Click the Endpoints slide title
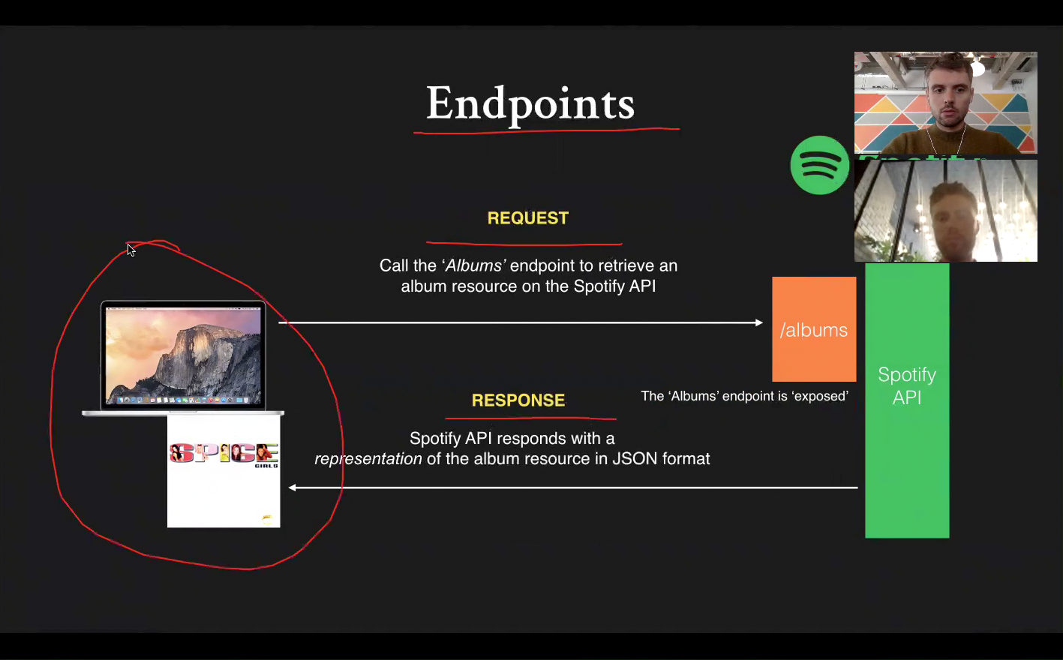click(530, 103)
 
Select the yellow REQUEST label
click(527, 218)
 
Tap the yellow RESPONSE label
click(518, 400)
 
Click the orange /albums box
click(814, 329)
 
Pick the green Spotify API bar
click(907, 401)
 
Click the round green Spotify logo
click(819, 165)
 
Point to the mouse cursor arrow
click(131, 250)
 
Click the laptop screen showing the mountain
click(183, 355)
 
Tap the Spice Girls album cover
click(224, 471)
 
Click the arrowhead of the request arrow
click(759, 322)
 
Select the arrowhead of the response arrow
click(293, 487)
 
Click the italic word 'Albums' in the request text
click(473, 265)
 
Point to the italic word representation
click(368, 459)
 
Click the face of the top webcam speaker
click(949, 97)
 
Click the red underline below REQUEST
click(524, 244)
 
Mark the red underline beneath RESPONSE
click(530, 418)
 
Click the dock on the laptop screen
click(183, 400)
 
